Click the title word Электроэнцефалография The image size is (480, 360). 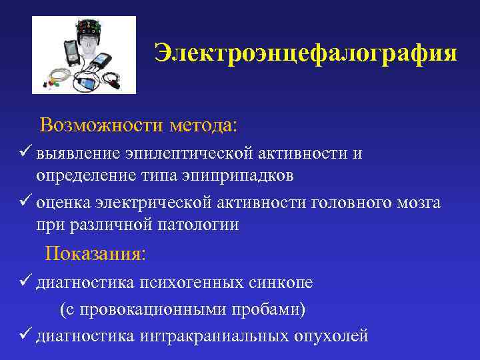click(x=306, y=53)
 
